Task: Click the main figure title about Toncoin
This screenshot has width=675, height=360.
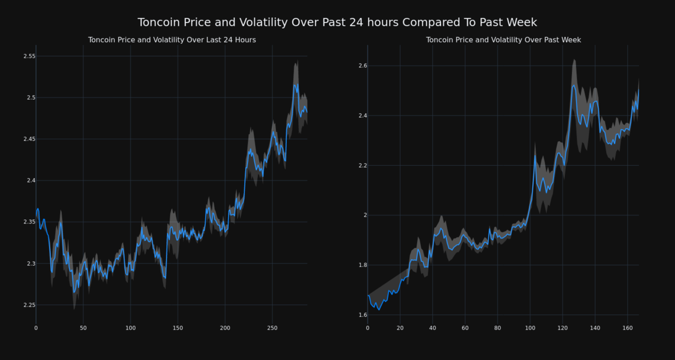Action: point(337,23)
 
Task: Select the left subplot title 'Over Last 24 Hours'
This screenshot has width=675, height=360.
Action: point(172,40)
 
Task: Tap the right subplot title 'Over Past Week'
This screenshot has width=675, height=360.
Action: point(503,40)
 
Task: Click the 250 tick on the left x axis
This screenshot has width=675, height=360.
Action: point(272,328)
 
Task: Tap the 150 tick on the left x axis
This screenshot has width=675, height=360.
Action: point(178,328)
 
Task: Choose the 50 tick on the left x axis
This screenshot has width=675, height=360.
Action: point(83,328)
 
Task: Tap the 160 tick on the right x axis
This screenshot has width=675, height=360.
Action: point(627,328)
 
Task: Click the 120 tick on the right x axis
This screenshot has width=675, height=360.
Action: point(562,328)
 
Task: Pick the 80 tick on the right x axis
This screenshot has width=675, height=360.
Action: point(497,328)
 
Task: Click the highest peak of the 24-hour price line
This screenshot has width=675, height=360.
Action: point(295,84)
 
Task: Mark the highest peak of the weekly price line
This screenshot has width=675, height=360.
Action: point(574,85)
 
